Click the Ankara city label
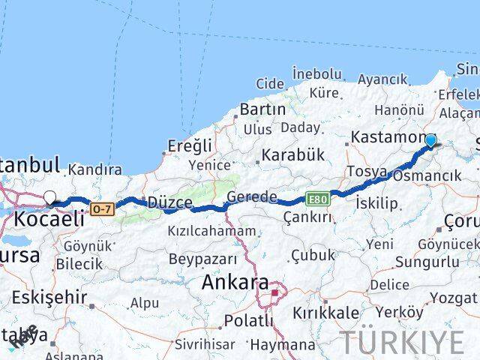pyautogui.click(x=235, y=283)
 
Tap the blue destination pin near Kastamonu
pyautogui.click(x=430, y=141)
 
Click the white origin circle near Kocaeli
pyautogui.click(x=50, y=198)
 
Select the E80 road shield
pyautogui.click(x=316, y=198)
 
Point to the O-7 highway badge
pyautogui.click(x=101, y=208)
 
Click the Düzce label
pyautogui.click(x=169, y=202)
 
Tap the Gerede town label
pyautogui.click(x=252, y=197)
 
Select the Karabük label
pyautogui.click(x=292, y=155)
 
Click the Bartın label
pyautogui.click(x=262, y=109)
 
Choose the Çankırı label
pyautogui.click(x=307, y=217)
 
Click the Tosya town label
pyautogui.click(x=367, y=172)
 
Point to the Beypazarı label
pyautogui.click(x=202, y=259)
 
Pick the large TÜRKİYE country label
pyautogui.click(x=402, y=342)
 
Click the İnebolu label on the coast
pyautogui.click(x=317, y=73)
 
